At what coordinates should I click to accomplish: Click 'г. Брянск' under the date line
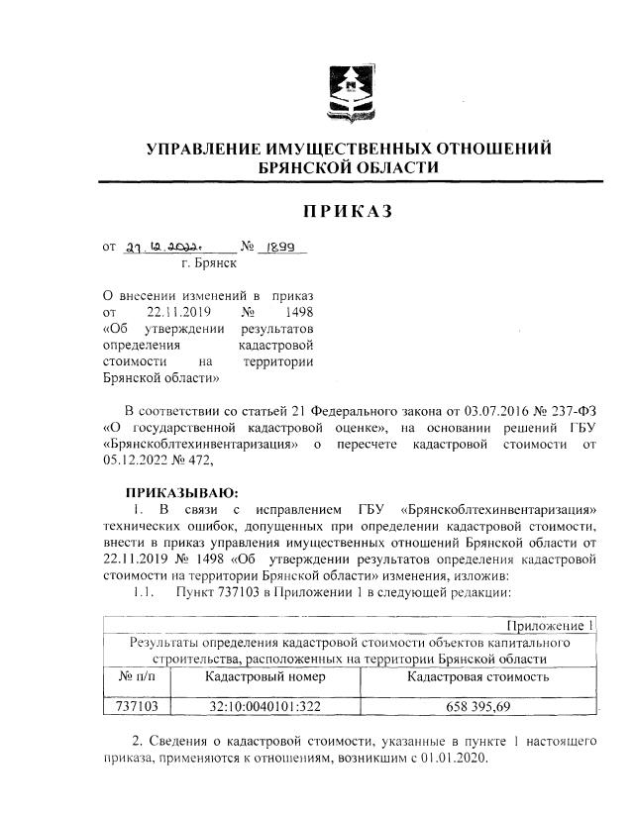click(209, 264)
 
